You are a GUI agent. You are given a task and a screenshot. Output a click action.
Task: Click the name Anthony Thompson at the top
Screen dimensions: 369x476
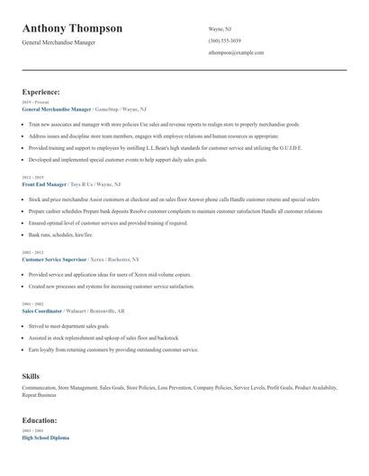[x=72, y=28]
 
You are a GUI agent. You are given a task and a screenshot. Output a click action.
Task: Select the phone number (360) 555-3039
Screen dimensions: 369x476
[x=225, y=40]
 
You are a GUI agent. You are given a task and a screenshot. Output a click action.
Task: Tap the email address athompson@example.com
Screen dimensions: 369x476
[x=236, y=53]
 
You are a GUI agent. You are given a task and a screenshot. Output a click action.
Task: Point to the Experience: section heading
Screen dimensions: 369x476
[x=41, y=92]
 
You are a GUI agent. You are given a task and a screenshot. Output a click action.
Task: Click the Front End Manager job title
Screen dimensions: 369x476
[x=45, y=184]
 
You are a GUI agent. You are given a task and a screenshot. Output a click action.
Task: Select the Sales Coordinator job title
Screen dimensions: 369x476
[x=41, y=310]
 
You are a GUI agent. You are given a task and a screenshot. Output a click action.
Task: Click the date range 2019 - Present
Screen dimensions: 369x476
[x=33, y=101]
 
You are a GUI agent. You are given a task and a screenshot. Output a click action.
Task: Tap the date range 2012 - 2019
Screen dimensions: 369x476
[x=31, y=177]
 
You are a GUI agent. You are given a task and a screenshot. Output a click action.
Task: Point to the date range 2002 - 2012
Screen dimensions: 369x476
[x=31, y=251]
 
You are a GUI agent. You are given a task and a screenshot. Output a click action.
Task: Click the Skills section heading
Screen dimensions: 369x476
[x=31, y=376]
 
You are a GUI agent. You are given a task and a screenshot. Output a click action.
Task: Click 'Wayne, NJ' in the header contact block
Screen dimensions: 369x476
[x=221, y=29]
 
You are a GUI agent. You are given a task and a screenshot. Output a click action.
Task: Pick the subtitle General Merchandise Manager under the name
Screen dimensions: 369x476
[x=58, y=42]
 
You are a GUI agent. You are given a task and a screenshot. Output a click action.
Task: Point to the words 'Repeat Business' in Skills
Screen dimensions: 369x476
[x=40, y=395]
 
